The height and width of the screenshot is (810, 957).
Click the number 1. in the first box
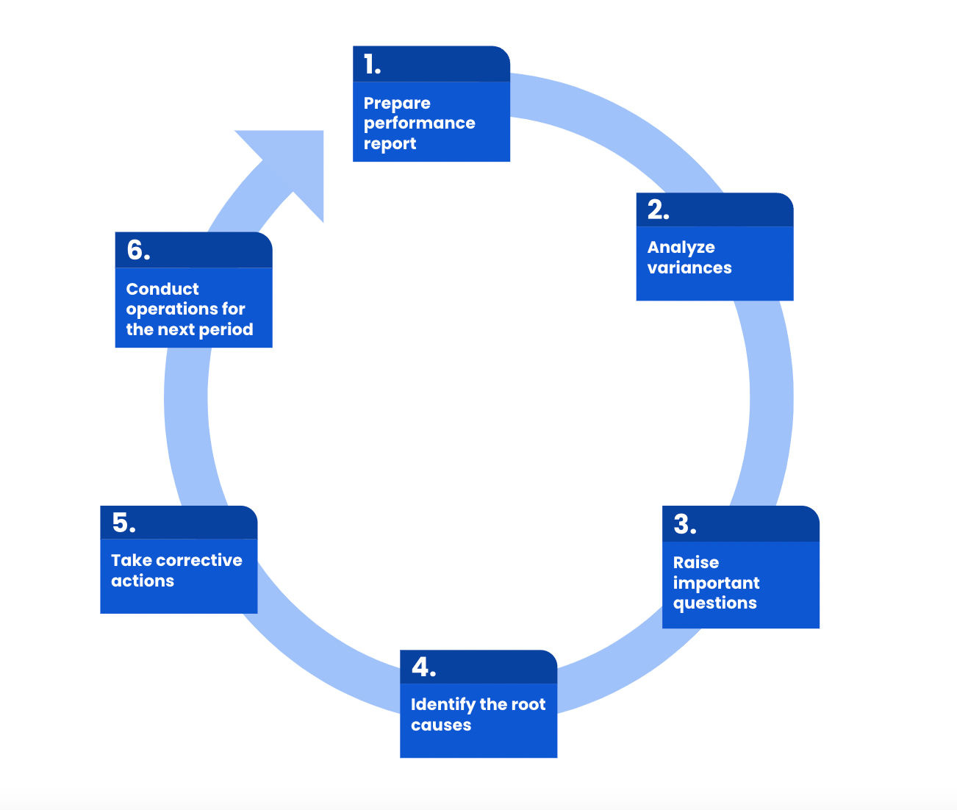372,65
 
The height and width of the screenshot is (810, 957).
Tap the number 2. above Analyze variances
658,210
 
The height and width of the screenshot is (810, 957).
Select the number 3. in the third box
684,524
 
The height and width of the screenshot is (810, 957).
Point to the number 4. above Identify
423,667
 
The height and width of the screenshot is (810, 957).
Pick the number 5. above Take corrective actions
123,523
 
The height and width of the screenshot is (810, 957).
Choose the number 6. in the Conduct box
138,250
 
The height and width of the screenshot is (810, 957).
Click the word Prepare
397,103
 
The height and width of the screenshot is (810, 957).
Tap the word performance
420,123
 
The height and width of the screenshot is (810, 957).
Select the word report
390,143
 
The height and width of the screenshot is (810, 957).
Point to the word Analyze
681,248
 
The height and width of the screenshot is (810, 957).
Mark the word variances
689,268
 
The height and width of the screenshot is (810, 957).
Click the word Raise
696,562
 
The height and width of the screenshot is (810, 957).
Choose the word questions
714,603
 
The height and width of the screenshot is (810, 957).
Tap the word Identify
443,704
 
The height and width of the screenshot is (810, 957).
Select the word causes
441,725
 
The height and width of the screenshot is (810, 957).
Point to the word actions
143,581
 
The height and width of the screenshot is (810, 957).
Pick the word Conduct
162,289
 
